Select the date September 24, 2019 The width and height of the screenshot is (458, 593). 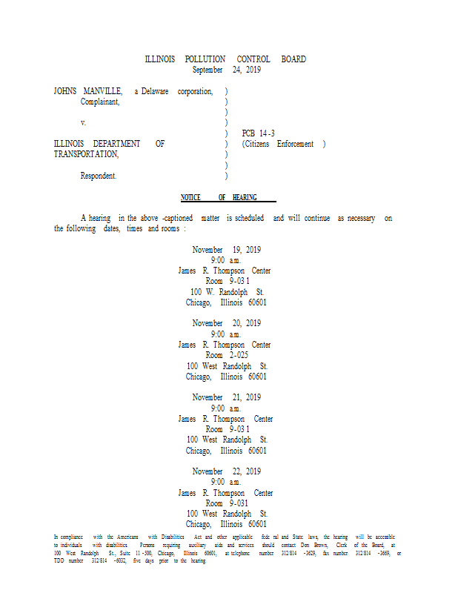click(x=226, y=70)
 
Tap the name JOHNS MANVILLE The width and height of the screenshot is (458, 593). click(x=88, y=91)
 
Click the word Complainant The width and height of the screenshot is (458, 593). click(x=100, y=102)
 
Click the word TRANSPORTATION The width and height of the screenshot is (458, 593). click(x=86, y=155)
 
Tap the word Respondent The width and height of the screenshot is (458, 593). click(x=99, y=176)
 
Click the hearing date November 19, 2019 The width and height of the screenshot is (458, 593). click(x=226, y=250)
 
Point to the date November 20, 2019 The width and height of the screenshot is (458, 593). click(x=226, y=323)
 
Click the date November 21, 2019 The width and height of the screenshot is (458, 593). click(x=226, y=397)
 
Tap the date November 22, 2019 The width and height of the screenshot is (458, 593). click(x=226, y=471)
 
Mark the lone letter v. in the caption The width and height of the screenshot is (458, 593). click(x=83, y=122)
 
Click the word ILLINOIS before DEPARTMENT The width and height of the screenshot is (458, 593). click(x=69, y=144)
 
